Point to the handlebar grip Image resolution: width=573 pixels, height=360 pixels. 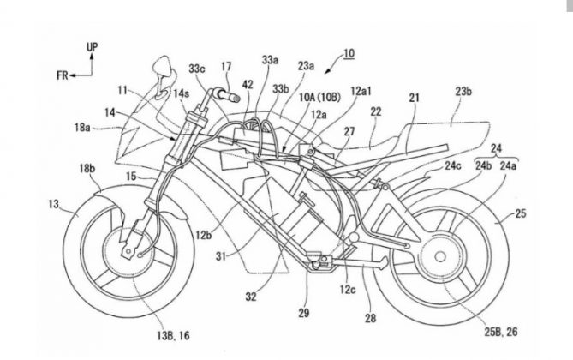tap(223, 90)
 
